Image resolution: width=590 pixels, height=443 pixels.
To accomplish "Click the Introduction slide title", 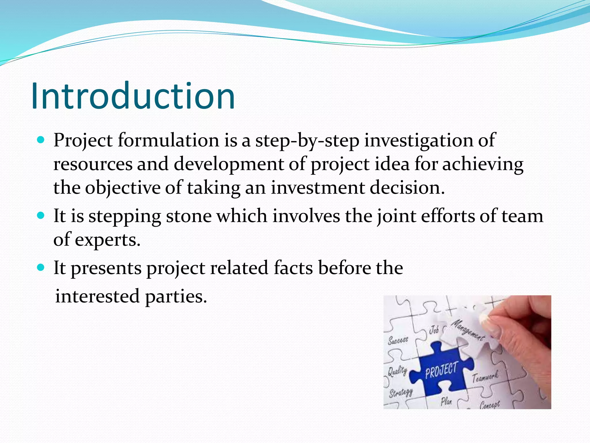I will click(x=133, y=96).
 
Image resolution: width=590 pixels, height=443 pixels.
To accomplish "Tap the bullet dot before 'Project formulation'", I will click(x=41, y=140).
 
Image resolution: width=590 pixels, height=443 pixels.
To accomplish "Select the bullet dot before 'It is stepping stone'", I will click(x=41, y=215).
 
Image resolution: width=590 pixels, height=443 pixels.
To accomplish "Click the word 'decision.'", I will click(x=407, y=188).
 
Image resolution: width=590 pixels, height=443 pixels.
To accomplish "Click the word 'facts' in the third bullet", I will click(x=293, y=268).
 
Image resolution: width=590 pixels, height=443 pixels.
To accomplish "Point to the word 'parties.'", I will click(x=176, y=296).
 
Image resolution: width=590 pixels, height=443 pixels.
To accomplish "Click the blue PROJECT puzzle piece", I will click(x=441, y=371).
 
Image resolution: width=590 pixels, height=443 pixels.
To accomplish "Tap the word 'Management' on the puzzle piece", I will click(x=467, y=329).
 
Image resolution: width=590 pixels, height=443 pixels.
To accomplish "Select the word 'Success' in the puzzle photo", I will click(x=398, y=340).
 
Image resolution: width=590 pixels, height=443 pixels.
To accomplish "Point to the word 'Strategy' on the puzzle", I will click(x=401, y=393).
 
